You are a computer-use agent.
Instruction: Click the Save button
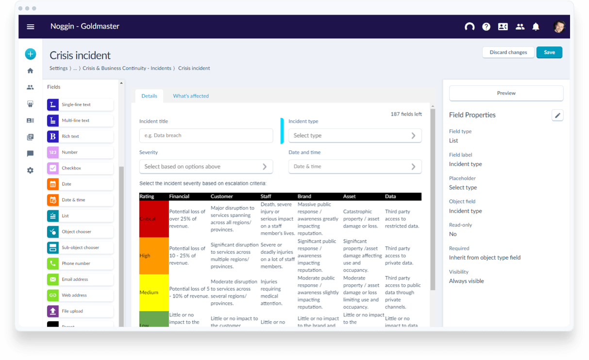click(x=549, y=52)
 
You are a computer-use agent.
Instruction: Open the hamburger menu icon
click(x=31, y=27)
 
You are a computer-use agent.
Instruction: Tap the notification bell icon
click(x=536, y=27)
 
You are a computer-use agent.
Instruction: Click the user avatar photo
click(x=559, y=27)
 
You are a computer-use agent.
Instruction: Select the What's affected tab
click(x=191, y=96)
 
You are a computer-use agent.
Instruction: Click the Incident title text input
click(x=206, y=135)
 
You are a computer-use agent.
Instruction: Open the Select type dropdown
click(x=354, y=135)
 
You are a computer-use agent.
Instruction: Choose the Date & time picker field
click(x=354, y=166)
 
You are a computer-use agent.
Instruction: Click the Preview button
click(x=506, y=93)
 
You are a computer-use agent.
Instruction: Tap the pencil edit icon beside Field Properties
click(x=557, y=115)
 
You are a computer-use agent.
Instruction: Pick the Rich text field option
click(x=80, y=136)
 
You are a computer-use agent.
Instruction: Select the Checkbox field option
click(x=80, y=168)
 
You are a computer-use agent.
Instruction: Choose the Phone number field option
click(x=80, y=263)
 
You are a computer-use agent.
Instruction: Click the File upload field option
click(x=80, y=311)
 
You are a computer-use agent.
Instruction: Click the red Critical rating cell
click(x=153, y=219)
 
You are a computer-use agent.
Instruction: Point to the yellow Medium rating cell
click(x=153, y=293)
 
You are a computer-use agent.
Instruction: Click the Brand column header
click(x=304, y=196)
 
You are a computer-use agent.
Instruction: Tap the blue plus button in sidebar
click(x=31, y=54)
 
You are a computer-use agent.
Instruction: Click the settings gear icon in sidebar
click(x=30, y=170)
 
